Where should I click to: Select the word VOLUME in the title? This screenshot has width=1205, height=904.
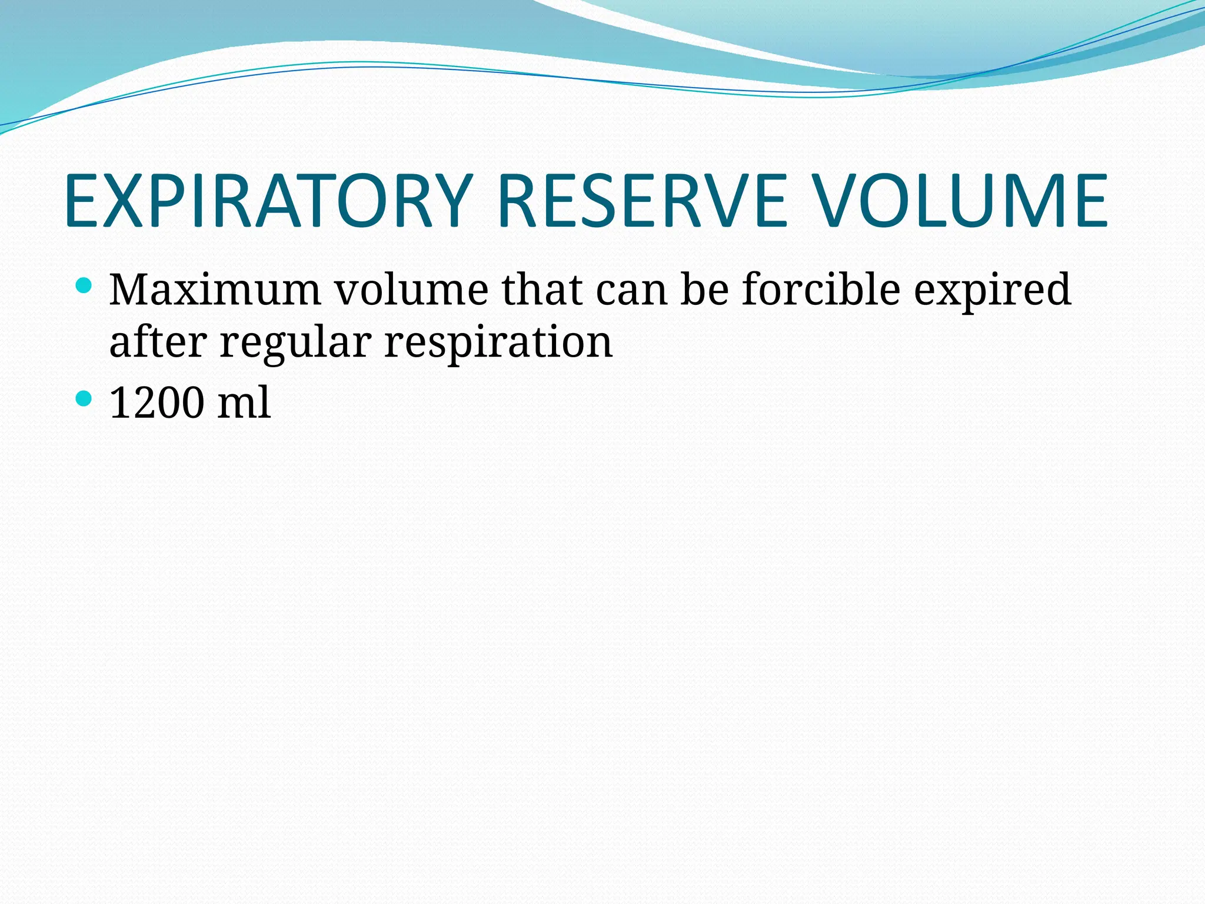962,201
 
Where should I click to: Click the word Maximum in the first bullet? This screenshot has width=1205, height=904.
215,290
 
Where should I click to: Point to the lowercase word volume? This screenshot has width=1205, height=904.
411,290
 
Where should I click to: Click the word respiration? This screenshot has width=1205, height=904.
498,343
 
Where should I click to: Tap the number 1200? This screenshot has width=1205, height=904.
158,403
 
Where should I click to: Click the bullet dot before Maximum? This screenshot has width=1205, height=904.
84,287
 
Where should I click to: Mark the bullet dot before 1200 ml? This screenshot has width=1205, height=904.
84,399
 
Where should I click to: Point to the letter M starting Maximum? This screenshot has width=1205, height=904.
131,290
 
